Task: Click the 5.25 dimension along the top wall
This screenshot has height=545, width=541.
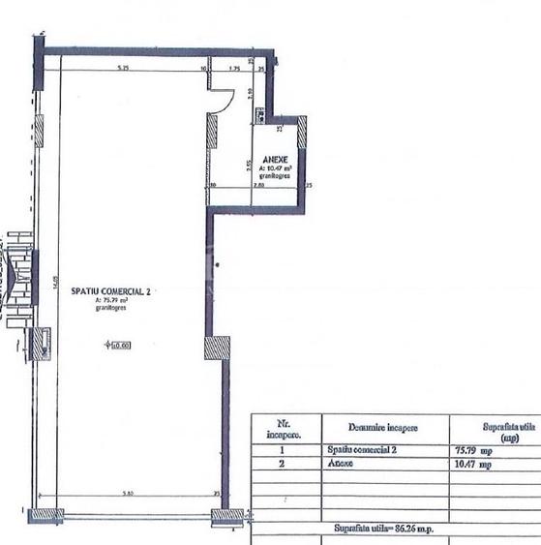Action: coord(123,68)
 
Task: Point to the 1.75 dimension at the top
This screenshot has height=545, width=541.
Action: coord(235,68)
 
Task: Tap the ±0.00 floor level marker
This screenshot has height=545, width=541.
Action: coord(119,345)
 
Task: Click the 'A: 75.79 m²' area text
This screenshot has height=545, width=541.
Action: coord(113,300)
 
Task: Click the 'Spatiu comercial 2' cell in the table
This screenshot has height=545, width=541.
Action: coord(363,450)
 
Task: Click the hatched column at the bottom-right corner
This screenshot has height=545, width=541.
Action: coord(227,517)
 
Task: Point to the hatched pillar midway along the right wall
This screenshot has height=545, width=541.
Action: coord(217,348)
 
